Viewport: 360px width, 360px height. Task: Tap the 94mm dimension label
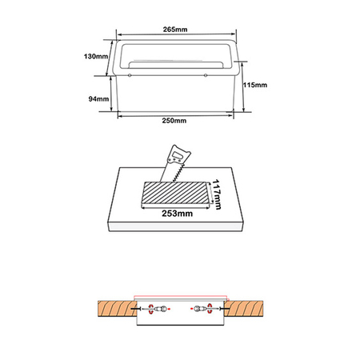tap(98, 98)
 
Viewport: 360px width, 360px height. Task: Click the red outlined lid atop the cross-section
tap(180, 299)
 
